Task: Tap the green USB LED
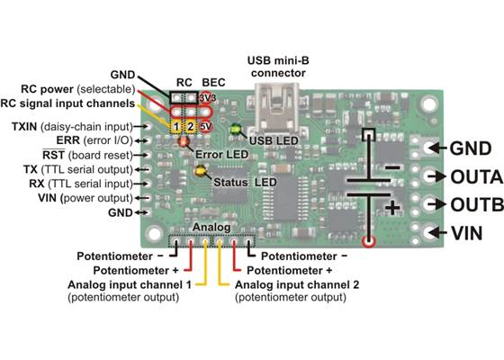(x=237, y=129)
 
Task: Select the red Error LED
(x=184, y=140)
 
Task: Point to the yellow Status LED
(x=200, y=170)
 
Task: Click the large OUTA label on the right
(x=470, y=175)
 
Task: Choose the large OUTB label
(x=470, y=203)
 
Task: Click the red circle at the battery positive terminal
(x=367, y=241)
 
